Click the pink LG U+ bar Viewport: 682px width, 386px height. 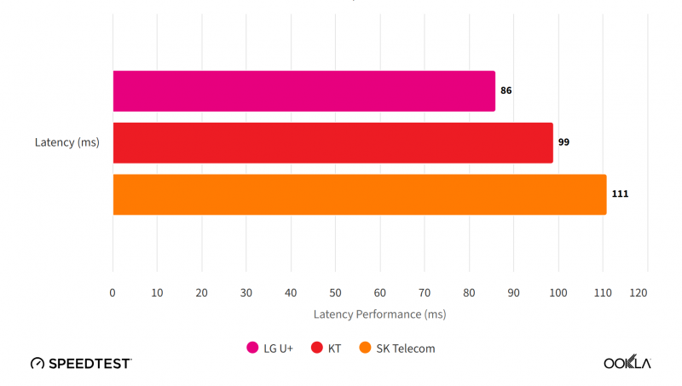pos(303,91)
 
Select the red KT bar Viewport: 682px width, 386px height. pos(332,143)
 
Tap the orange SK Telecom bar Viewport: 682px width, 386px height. pos(359,194)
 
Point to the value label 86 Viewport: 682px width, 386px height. pos(506,90)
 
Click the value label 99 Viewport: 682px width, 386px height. pos(564,142)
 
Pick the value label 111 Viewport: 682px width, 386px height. pos(620,194)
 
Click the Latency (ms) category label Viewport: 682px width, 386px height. pos(67,142)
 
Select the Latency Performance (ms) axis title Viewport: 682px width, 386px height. pos(379,314)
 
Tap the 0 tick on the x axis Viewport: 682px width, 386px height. pos(113,293)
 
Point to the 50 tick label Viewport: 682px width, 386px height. pos(335,293)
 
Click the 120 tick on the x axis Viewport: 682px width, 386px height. pos(639,293)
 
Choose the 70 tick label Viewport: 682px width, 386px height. pos(425,293)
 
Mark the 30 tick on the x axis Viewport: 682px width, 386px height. pos(246,293)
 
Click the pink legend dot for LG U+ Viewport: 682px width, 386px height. pos(252,348)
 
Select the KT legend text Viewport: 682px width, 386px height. pos(334,349)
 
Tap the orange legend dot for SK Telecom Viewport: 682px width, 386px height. pos(365,348)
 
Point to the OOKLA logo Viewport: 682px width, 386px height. pos(627,363)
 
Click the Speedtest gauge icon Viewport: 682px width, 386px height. pos(38,364)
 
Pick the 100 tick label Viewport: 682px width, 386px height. pos(558,293)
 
